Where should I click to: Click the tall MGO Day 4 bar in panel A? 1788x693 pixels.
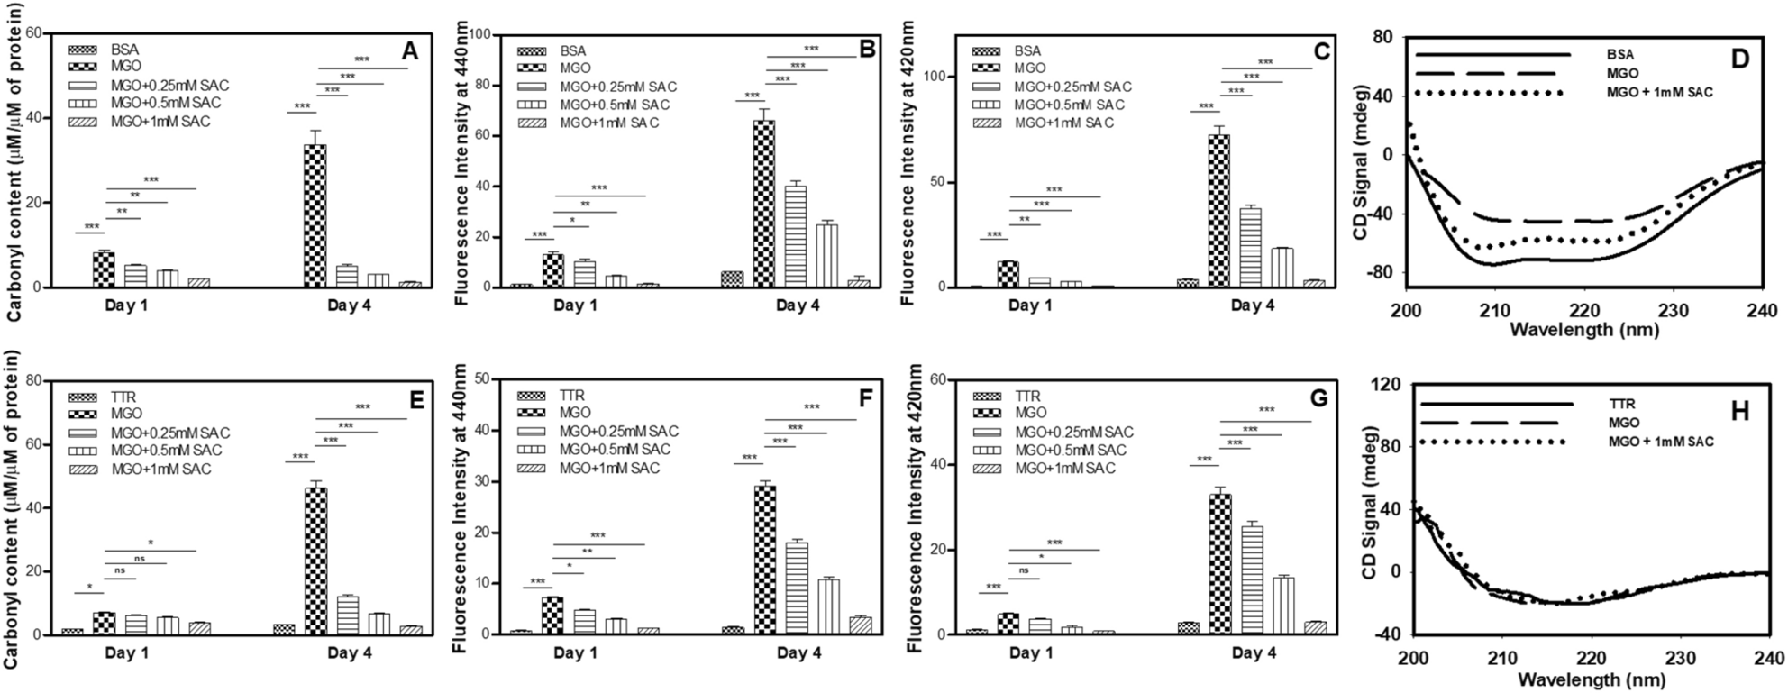(315, 215)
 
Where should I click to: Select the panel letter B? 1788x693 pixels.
(868, 50)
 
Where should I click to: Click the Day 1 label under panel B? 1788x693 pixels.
(575, 305)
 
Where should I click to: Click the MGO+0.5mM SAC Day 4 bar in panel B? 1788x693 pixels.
(827, 256)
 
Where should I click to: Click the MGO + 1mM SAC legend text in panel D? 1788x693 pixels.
(1660, 92)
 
